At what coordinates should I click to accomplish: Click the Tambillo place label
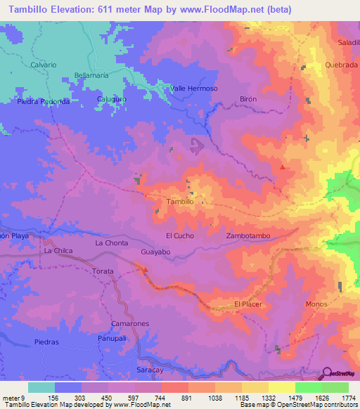click(179, 201)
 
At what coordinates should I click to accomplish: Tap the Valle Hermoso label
click(195, 89)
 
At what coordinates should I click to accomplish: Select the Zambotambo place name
click(249, 236)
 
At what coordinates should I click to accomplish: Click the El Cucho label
click(179, 235)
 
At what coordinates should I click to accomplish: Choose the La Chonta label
click(112, 242)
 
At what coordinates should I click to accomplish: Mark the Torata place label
click(103, 271)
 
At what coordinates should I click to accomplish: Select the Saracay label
click(149, 368)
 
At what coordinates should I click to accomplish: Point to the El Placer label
click(247, 304)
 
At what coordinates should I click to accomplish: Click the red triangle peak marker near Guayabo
click(146, 268)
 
